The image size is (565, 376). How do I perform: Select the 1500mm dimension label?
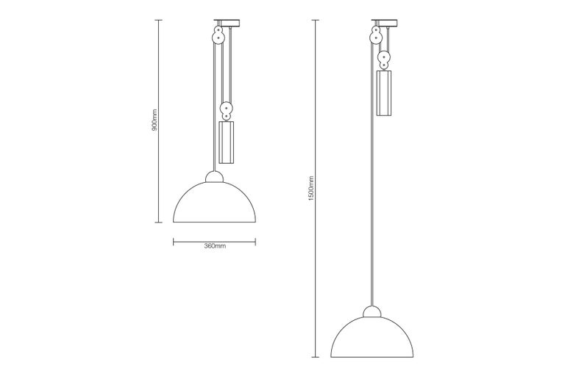pyautogui.click(x=311, y=189)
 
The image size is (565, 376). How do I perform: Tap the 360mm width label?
pyautogui.click(x=214, y=246)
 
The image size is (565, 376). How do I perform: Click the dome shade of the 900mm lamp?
pyautogui.click(x=214, y=205)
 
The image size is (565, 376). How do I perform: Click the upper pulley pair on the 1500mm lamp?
pyautogui.click(x=376, y=34)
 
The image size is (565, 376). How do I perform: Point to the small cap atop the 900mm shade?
pyautogui.click(x=214, y=177)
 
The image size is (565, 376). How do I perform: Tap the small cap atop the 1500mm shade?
pyautogui.click(x=372, y=311)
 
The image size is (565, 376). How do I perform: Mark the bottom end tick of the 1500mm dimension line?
pyautogui.click(x=316, y=357)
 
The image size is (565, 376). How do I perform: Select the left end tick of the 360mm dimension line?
pyautogui.click(x=173, y=239)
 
